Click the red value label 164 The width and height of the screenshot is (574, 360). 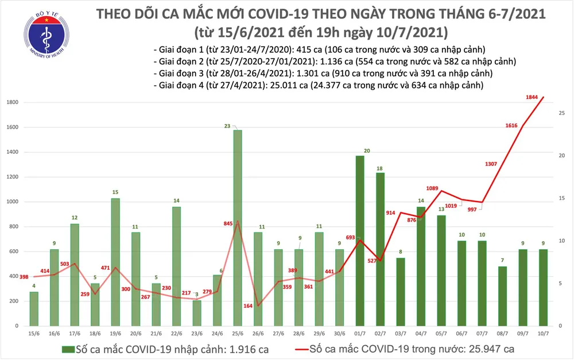click(248, 306)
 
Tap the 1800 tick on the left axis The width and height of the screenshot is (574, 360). click(13, 102)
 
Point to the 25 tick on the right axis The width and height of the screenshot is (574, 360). click(559, 114)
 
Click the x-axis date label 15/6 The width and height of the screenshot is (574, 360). click(34, 334)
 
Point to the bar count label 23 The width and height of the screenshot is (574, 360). click(228, 125)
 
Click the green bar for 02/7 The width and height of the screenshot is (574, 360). click(380, 249)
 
